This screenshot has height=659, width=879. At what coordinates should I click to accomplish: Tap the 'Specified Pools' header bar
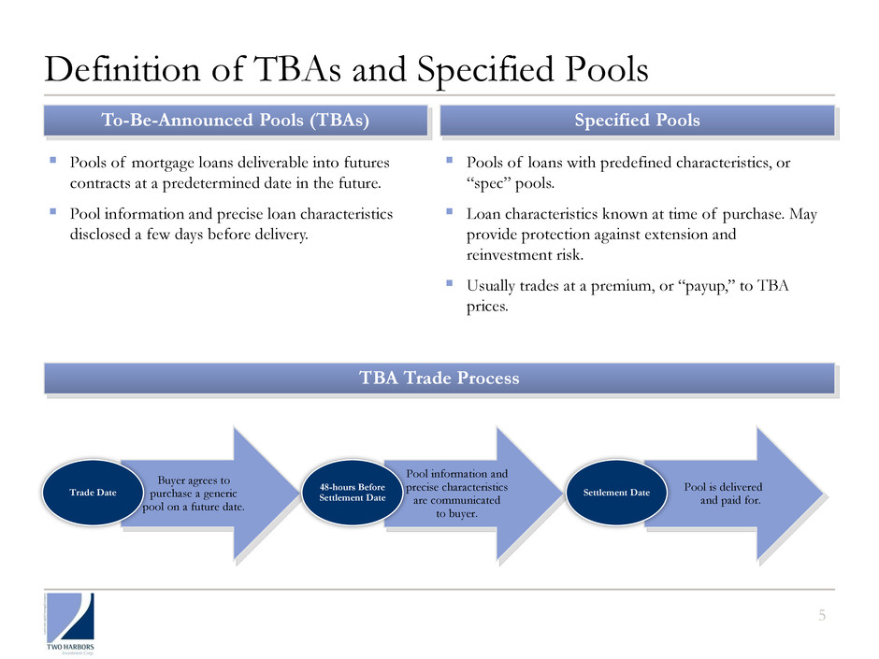click(x=637, y=121)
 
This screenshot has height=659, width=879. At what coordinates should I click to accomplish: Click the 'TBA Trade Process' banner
click(x=439, y=379)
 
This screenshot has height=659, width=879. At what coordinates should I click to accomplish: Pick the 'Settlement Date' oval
click(x=618, y=492)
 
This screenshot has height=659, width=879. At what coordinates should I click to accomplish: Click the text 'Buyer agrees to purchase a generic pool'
click(x=194, y=494)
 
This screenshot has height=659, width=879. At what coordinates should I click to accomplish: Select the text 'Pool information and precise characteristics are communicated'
click(x=457, y=494)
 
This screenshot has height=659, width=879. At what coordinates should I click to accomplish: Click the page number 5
click(x=822, y=614)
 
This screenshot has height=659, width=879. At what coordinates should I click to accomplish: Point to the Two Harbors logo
click(x=71, y=621)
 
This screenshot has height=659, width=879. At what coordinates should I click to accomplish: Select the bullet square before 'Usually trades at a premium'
click(x=450, y=284)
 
